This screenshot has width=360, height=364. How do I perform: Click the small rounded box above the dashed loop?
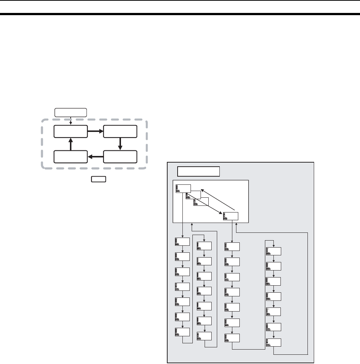pos(71,112)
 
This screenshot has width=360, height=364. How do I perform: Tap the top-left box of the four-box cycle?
pos(70,132)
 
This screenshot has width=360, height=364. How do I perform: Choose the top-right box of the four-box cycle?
pos(120,132)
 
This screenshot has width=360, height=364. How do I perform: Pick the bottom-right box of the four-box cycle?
pos(120,157)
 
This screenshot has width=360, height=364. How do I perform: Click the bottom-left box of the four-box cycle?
pos(70,157)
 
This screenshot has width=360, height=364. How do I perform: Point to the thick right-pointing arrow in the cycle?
pos(95,131)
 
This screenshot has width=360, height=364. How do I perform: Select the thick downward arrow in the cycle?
pos(120,144)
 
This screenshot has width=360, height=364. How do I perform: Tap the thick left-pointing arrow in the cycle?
pos(95,157)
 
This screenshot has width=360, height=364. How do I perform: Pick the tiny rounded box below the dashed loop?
pos(99,180)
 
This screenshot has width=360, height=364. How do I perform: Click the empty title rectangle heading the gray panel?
pos(199,172)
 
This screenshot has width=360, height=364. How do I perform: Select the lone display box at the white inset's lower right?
pos(231,216)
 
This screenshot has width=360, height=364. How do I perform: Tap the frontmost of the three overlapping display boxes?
pos(201,202)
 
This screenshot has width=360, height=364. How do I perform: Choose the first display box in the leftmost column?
pos(182,242)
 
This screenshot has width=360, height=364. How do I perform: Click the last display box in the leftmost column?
pos(182,332)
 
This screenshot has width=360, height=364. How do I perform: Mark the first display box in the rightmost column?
pos(273,251)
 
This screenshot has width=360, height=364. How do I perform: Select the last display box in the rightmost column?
pos(273,342)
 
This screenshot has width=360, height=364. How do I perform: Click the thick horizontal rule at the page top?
pos(180,14)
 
